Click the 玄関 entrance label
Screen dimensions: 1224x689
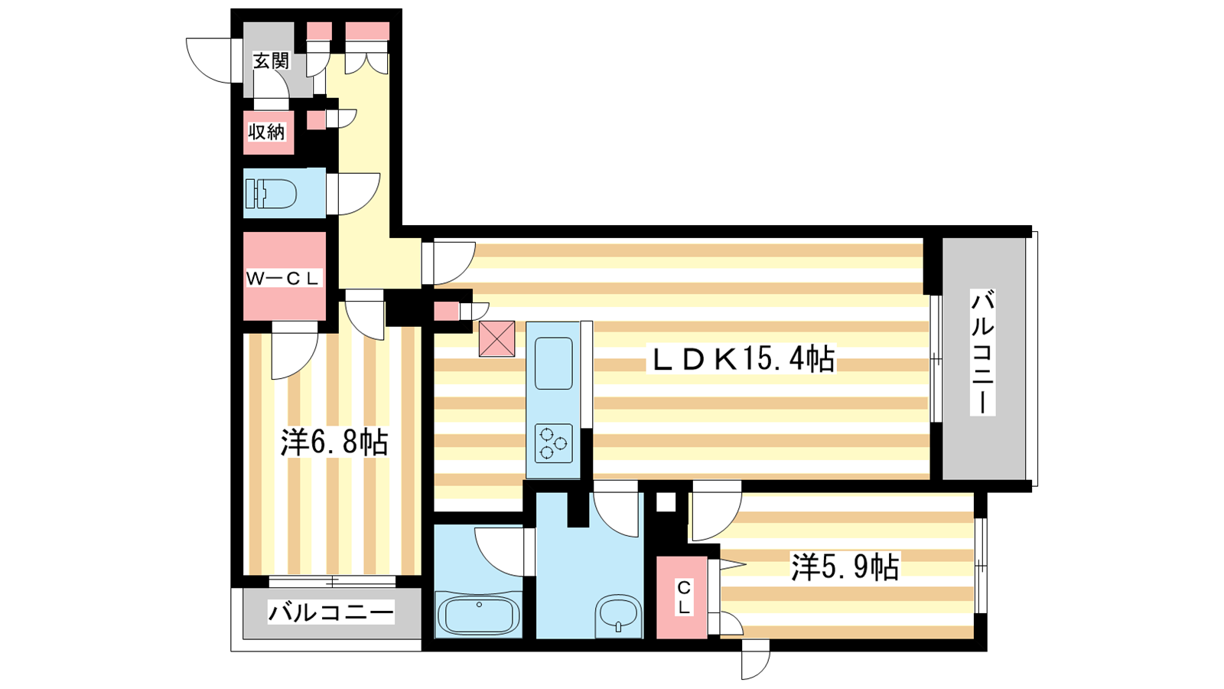tap(271, 60)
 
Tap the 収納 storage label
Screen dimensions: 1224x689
tap(267, 132)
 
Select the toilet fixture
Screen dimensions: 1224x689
tap(271, 194)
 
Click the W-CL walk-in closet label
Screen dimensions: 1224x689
tap(282, 279)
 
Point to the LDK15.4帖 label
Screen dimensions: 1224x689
tap(741, 359)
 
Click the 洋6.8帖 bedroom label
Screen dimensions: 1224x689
tap(334, 442)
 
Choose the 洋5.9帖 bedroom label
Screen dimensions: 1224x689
tap(845, 567)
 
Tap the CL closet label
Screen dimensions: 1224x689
tap(683, 598)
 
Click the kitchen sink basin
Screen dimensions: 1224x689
tap(554, 363)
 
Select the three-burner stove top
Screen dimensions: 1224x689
tap(554, 443)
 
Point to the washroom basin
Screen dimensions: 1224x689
tap(619, 616)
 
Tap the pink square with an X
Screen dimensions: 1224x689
tap(496, 338)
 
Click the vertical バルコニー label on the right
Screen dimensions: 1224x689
tap(982, 353)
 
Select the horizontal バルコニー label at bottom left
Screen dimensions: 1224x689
tap(331, 612)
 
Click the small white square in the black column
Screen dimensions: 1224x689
tap(666, 502)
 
